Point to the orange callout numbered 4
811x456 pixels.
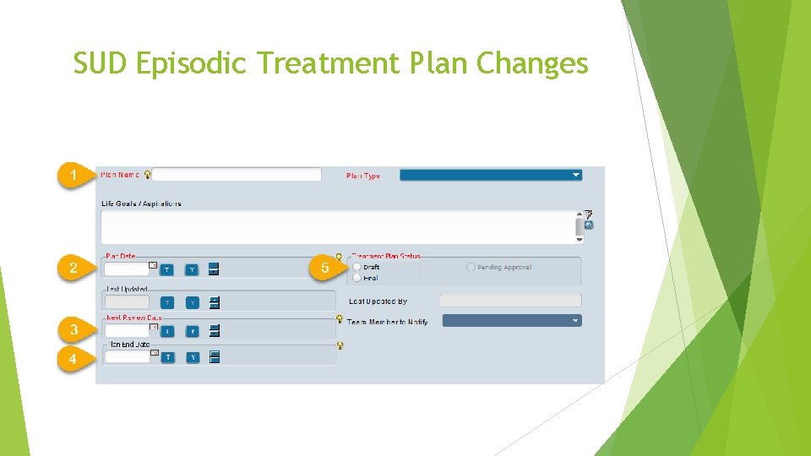73,359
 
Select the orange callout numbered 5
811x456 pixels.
324,269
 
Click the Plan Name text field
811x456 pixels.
237,175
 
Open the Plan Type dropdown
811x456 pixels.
490,175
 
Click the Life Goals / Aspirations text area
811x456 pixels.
336,227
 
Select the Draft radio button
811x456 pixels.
357,267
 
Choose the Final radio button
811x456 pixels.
357,277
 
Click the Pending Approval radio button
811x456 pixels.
471,267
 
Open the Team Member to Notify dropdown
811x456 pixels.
512,321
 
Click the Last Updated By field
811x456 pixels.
510,300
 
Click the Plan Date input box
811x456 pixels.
127,269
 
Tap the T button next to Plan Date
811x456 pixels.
167,269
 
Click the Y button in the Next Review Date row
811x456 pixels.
193,331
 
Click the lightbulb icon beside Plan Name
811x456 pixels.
148,175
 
